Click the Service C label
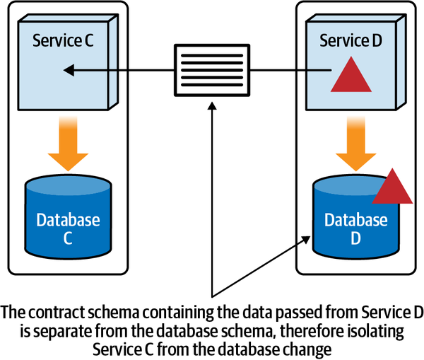(63, 40)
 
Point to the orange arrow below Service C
(68, 145)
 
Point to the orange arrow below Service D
(355, 145)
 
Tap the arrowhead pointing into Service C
(68, 70)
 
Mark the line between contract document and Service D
(290, 70)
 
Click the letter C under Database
(68, 238)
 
